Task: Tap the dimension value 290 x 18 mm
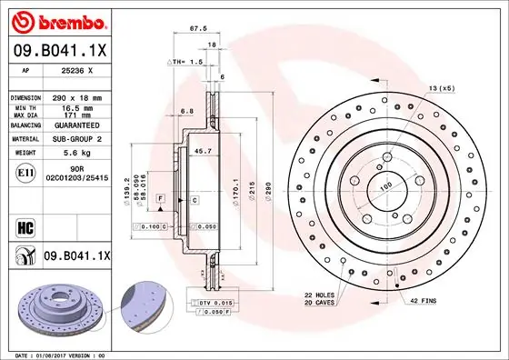click(x=78, y=96)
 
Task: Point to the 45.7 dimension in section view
click(x=203, y=151)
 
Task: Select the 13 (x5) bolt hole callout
click(x=441, y=87)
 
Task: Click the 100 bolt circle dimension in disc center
click(x=384, y=185)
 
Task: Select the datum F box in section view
click(x=161, y=197)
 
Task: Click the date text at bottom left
click(x=55, y=353)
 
